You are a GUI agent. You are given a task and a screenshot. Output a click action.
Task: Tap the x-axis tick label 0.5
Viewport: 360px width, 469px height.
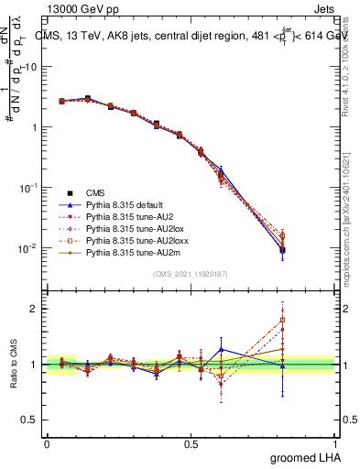[x=191, y=443]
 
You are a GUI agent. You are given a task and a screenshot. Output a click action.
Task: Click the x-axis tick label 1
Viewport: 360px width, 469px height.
[x=334, y=443]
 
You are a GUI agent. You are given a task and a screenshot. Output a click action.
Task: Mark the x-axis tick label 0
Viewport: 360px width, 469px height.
[x=47, y=443]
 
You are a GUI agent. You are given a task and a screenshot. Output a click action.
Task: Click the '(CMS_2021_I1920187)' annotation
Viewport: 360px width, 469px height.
[x=191, y=273]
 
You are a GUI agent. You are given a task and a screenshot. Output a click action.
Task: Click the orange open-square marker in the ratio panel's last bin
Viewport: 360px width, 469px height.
[x=283, y=321]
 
